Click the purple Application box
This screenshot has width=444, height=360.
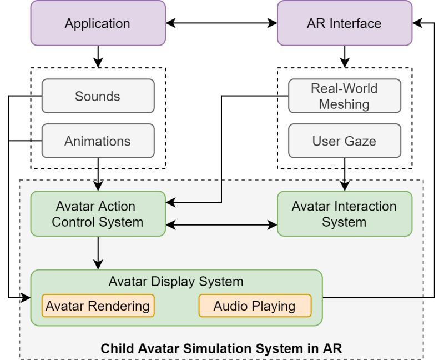[x=98, y=23]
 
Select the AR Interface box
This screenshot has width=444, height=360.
[x=344, y=23]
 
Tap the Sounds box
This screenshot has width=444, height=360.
[x=98, y=96]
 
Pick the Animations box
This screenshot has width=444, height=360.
[x=98, y=141]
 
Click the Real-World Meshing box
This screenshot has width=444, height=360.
[x=344, y=96]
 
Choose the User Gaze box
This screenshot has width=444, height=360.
[x=344, y=141]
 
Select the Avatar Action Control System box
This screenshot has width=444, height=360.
[x=98, y=214]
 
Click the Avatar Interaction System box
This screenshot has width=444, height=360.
[x=344, y=214]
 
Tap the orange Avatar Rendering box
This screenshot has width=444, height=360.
[x=98, y=306]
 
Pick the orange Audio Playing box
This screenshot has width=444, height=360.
[x=255, y=306]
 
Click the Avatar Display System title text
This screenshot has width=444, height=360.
[x=176, y=282]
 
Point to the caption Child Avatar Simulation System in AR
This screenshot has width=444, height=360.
[x=221, y=349]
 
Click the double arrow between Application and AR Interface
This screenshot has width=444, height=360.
[x=221, y=23]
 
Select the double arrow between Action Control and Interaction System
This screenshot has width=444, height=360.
[x=221, y=225]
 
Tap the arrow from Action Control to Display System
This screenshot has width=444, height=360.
[x=98, y=253]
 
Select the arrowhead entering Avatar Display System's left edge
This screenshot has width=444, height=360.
[x=26, y=298]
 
